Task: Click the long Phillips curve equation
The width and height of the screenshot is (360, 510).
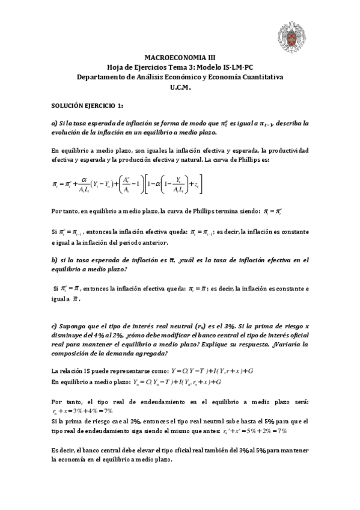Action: [127, 184]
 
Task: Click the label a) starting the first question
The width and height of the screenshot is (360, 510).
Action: [55, 123]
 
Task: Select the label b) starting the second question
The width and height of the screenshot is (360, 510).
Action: [55, 260]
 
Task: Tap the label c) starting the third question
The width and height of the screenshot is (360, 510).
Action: [55, 326]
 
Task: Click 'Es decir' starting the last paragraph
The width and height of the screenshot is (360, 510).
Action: [64, 450]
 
